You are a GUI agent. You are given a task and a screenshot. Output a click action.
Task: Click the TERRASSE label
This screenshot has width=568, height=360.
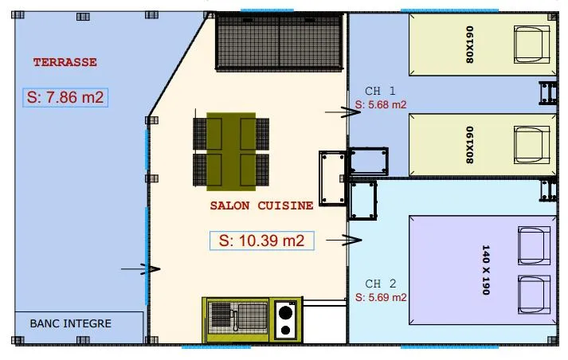pyautogui.click(x=65, y=61)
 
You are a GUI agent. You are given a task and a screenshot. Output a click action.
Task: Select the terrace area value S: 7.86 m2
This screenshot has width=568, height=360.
pyautogui.click(x=66, y=97)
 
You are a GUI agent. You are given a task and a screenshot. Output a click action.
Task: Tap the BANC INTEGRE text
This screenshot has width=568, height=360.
pyautogui.click(x=70, y=323)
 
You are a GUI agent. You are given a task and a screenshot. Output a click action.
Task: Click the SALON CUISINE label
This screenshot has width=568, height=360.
pyautogui.click(x=261, y=205)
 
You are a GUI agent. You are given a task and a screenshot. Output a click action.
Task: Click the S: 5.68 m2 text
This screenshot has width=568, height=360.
pyautogui.click(x=381, y=104)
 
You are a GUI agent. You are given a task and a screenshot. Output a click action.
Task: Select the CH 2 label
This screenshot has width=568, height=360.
pyautogui.click(x=380, y=284)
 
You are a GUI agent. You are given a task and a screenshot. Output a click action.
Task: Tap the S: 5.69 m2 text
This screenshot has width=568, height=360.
pyautogui.click(x=381, y=297)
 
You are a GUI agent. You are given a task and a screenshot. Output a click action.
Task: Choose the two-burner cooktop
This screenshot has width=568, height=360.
pyautogui.click(x=286, y=319)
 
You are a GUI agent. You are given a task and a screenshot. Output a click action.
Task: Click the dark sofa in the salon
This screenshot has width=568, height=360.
pyautogui.click(x=280, y=41)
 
